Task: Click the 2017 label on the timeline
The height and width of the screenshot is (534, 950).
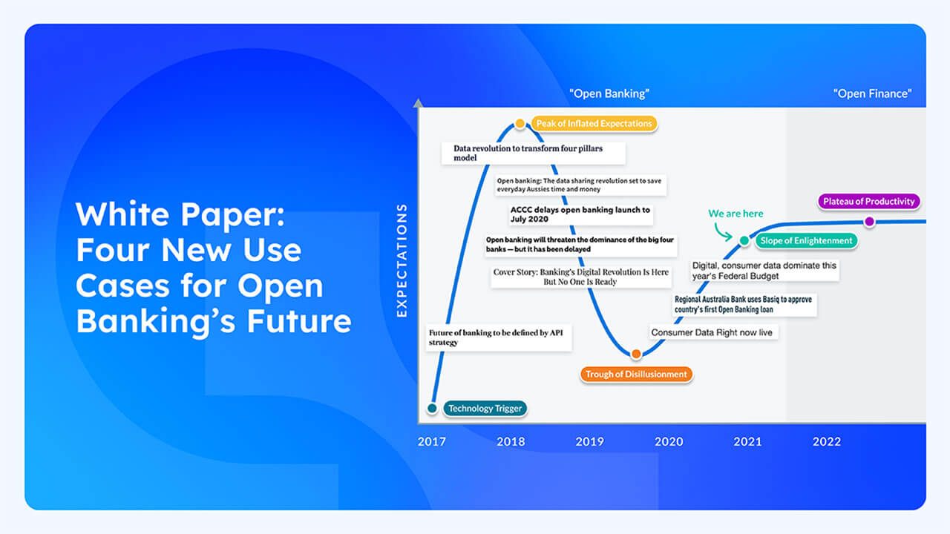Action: tap(431, 442)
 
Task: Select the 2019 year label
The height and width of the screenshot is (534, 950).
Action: tap(589, 442)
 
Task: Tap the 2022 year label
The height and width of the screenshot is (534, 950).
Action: tap(826, 442)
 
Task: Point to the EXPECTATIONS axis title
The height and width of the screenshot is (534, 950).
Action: tap(402, 261)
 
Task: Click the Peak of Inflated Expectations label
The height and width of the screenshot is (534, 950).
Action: tap(594, 123)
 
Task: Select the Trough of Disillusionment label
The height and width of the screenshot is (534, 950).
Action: tap(636, 375)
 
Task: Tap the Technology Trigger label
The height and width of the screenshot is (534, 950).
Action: tap(485, 409)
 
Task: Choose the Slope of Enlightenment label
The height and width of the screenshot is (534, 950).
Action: tap(806, 240)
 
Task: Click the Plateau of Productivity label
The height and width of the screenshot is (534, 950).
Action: tap(869, 202)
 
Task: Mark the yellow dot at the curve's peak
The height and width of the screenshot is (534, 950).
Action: tap(520, 123)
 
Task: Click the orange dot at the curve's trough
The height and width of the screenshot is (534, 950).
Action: tap(636, 354)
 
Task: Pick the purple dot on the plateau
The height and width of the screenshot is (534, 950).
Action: tap(868, 221)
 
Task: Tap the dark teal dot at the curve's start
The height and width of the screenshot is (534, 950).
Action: tap(432, 408)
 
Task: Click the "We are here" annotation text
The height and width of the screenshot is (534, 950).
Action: tap(736, 214)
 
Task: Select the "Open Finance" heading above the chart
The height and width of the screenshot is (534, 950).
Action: tap(872, 93)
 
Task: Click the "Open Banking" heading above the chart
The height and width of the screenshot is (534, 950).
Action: tap(609, 93)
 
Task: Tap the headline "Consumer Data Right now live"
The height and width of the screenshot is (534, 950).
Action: tap(712, 332)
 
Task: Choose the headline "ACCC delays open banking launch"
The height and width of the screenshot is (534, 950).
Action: tap(580, 214)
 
